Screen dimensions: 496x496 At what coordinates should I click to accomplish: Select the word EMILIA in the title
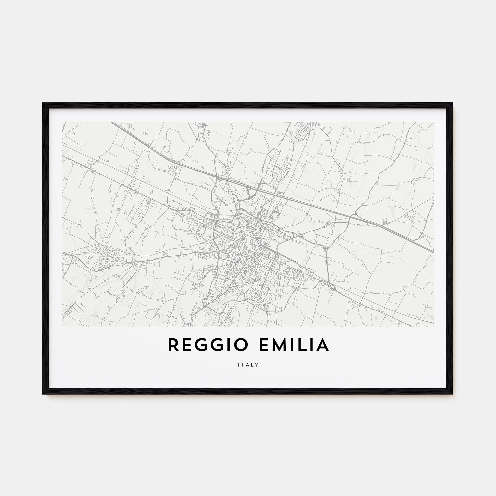pyautogui.click(x=294, y=345)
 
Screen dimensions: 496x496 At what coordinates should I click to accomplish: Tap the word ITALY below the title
pyautogui.click(x=248, y=365)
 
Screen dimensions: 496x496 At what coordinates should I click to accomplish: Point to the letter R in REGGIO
pyautogui.click(x=173, y=345)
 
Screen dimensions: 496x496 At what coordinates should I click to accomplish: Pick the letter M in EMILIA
pyautogui.click(x=277, y=345)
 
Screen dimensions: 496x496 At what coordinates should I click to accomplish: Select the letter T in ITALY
pyautogui.click(x=243, y=365)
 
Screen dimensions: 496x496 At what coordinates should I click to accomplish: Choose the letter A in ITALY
pyautogui.click(x=248, y=365)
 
